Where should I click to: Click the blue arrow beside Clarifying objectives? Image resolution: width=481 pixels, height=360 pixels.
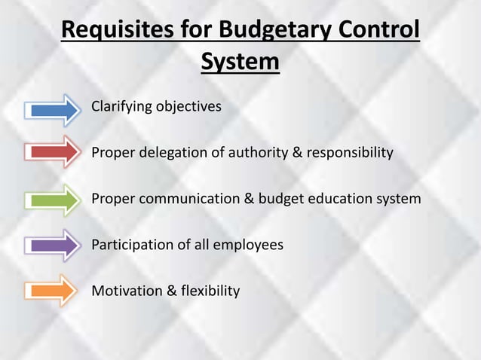[x=53, y=109]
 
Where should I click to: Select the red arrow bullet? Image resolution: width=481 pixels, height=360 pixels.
[x=53, y=152]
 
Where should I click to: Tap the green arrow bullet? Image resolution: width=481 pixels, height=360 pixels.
[x=53, y=200]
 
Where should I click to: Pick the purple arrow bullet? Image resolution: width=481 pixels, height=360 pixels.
[x=53, y=245]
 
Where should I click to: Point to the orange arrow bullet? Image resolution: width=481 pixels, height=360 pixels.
[x=53, y=290]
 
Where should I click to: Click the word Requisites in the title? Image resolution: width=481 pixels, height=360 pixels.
[x=118, y=32]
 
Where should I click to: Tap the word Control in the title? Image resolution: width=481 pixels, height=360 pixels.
[x=377, y=32]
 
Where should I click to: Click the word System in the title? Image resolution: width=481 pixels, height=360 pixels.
[x=240, y=62]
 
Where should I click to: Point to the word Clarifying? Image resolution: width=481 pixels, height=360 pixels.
[x=121, y=106]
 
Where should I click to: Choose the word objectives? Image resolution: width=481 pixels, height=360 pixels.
[x=188, y=106]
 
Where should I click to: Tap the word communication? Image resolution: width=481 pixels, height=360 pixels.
[x=187, y=199]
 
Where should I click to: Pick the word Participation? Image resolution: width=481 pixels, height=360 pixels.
[x=130, y=245]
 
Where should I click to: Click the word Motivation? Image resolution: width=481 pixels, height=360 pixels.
[x=124, y=290]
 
